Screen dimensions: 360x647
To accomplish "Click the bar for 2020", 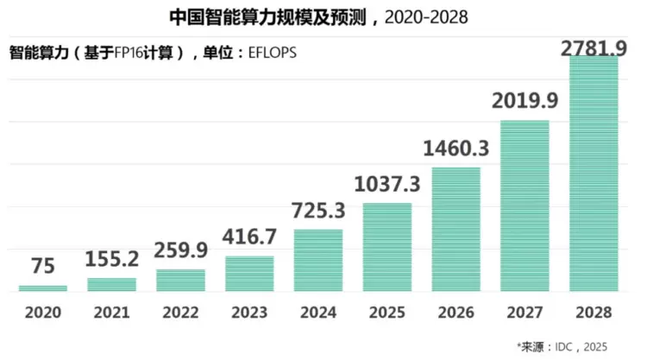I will coord(42,287).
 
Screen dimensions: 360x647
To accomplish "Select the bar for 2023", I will coord(249,274).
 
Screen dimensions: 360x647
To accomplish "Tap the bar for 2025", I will coord(386,247).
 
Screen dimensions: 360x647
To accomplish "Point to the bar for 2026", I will coord(455,229).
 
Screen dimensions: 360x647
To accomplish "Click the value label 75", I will coord(42,268).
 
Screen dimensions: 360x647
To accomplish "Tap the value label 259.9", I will coord(180,250).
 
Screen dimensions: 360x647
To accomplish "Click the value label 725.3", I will coord(318,211).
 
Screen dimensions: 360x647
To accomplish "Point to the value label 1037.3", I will coord(386,184).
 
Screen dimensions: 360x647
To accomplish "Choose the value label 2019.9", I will coord(525,102).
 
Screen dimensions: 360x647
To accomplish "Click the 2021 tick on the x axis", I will coord(111,312).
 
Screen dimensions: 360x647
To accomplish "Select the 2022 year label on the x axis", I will coord(180,312).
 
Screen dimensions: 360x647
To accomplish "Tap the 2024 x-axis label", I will coord(318,312).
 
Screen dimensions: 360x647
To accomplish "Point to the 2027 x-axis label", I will coord(525,312).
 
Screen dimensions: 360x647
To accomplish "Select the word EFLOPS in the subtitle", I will coord(270,52).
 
